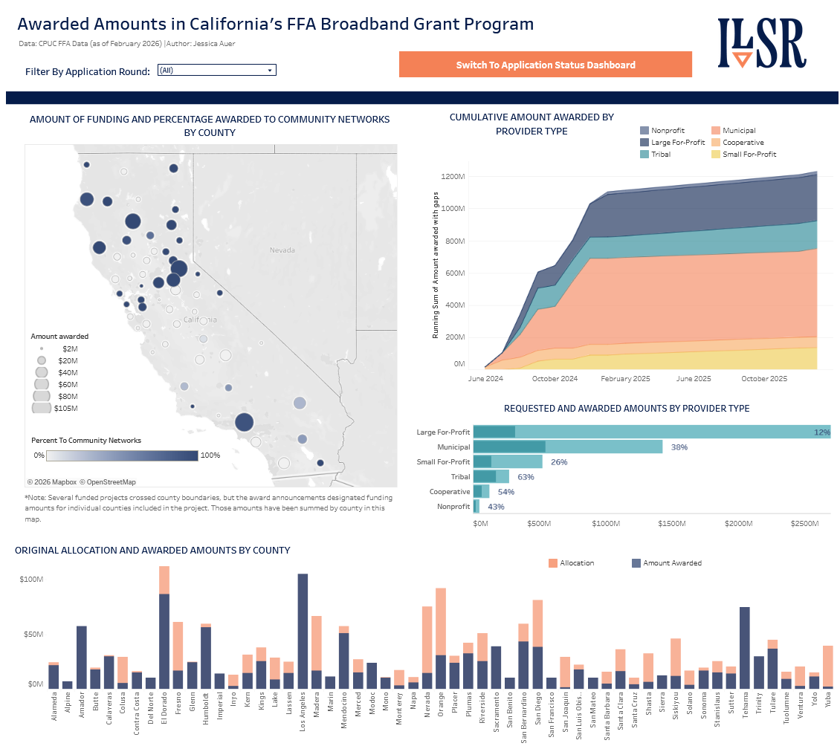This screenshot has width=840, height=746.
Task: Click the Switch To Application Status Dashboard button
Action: (545, 65)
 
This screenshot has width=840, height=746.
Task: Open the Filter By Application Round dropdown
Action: (216, 70)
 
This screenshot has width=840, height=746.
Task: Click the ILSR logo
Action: (761, 44)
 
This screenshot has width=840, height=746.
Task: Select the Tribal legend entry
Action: (660, 155)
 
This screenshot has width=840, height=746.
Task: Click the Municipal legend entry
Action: (738, 131)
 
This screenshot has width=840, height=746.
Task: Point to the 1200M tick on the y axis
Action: (453, 177)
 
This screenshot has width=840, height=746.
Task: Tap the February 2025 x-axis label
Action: (625, 379)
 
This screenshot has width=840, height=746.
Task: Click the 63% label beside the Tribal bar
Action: (526, 477)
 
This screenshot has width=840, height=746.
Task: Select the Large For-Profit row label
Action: (443, 432)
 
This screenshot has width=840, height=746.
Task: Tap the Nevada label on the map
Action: (282, 250)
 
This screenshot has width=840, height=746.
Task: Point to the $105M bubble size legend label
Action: (65, 408)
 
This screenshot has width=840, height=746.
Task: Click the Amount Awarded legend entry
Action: (672, 563)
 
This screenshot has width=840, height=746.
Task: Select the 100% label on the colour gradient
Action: (210, 455)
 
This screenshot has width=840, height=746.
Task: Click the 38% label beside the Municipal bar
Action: (679, 447)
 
